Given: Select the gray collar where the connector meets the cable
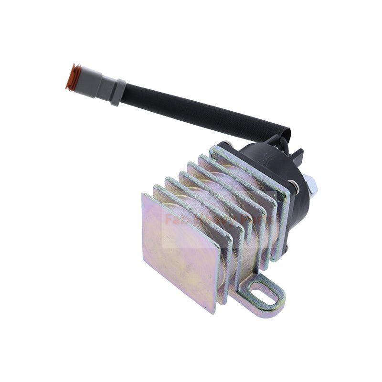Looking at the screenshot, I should pos(117,92).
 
